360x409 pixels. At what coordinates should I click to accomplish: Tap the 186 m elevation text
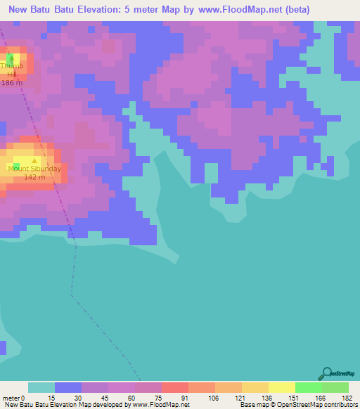coord(11,83)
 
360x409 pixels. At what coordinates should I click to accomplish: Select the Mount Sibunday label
coord(34,169)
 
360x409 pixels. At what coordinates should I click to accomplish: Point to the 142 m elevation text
coord(34,177)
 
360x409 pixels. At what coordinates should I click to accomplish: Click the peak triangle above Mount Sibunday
coord(34,161)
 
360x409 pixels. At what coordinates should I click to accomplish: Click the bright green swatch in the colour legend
coord(308,387)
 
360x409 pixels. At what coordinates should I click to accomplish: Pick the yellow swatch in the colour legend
coord(281,387)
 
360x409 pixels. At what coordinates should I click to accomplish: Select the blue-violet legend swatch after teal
coord(68,387)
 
